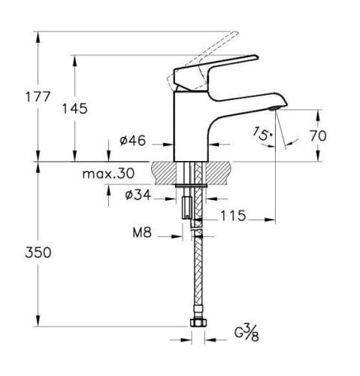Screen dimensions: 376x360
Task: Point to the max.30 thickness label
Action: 107,174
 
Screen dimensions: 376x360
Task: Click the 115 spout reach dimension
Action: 234,216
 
